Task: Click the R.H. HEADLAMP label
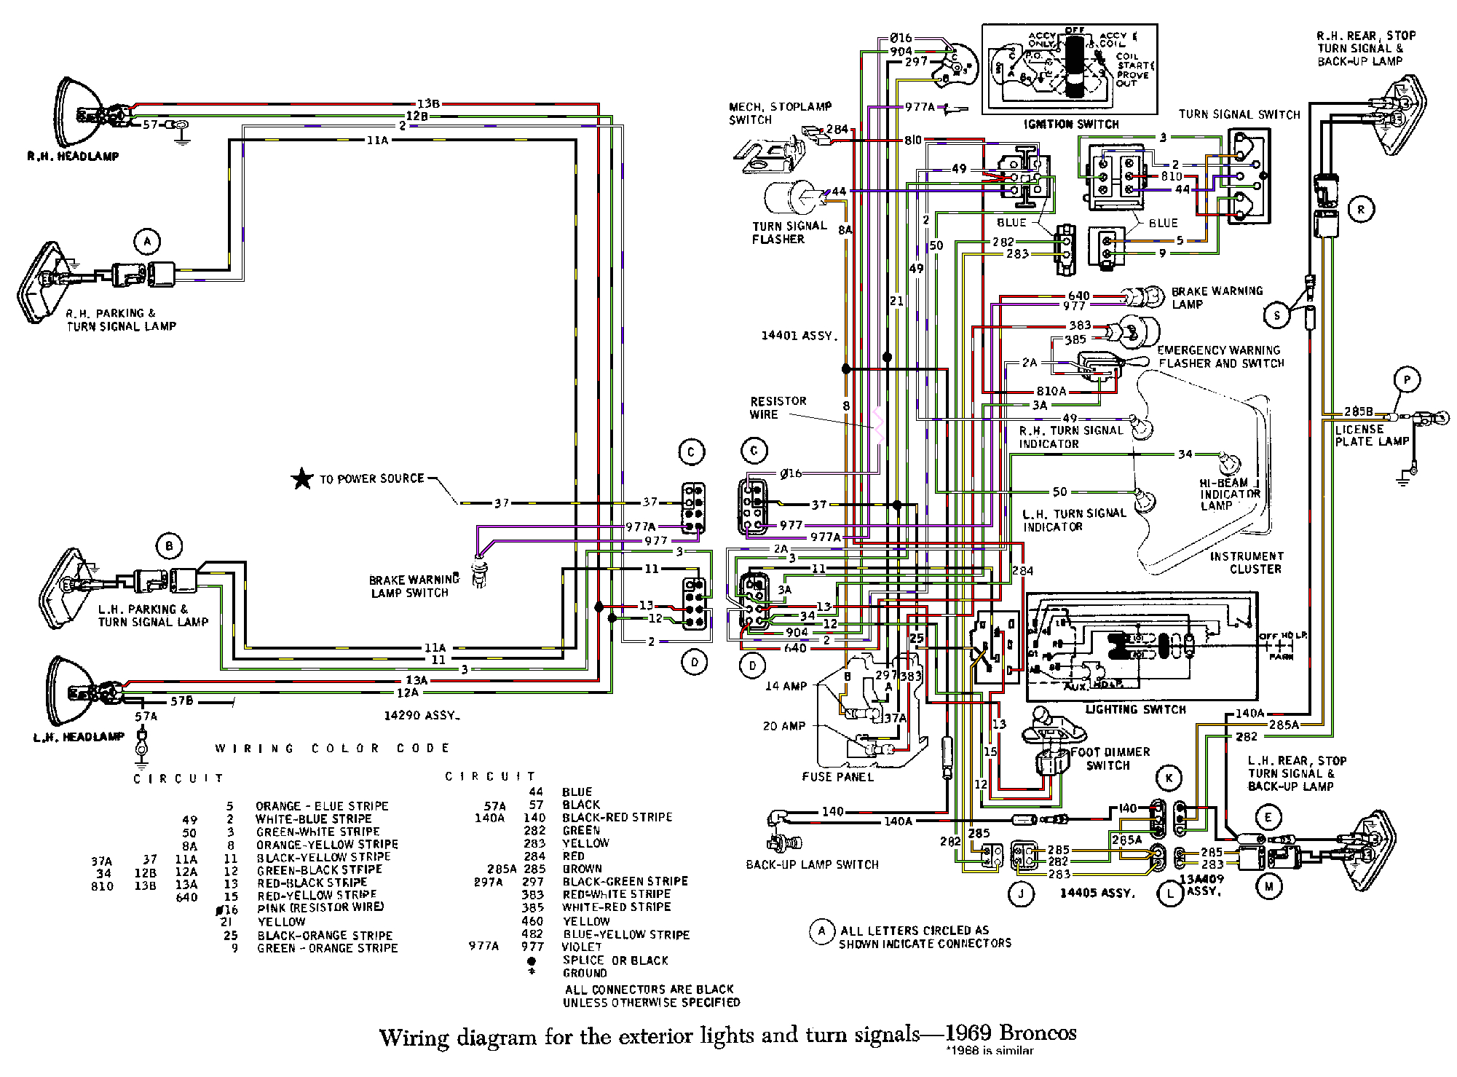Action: [x=72, y=156]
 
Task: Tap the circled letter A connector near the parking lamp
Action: [x=147, y=241]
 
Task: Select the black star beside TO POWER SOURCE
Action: [x=301, y=479]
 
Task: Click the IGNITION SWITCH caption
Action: [x=1070, y=125]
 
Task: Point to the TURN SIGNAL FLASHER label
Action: [x=789, y=232]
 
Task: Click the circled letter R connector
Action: [x=1360, y=210]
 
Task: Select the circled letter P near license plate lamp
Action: [x=1407, y=379]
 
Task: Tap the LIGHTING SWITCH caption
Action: [x=1135, y=709]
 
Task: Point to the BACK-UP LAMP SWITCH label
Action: [x=812, y=864]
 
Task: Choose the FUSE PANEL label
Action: [x=837, y=777]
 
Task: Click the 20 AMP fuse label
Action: [x=783, y=726]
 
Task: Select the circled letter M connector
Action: [x=1269, y=886]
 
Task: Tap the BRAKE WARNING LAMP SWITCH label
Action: [x=413, y=586]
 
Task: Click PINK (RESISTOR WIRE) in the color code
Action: [x=320, y=907]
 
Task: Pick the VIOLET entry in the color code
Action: [x=582, y=947]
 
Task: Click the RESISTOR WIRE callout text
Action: [x=778, y=408]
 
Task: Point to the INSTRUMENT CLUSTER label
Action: [x=1246, y=562]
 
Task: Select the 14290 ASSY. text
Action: [x=422, y=716]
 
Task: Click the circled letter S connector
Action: [x=1276, y=315]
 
